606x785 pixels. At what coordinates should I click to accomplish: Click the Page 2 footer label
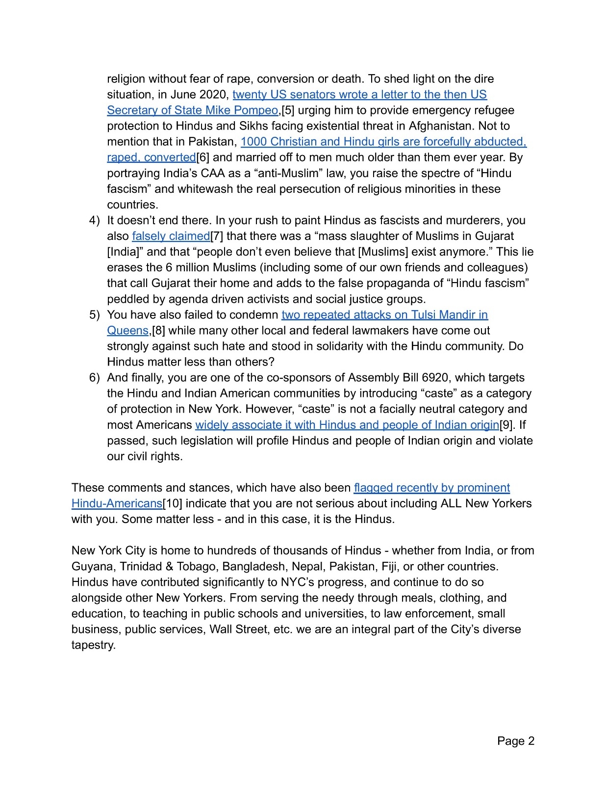[x=515, y=741]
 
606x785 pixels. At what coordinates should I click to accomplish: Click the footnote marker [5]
[x=287, y=110]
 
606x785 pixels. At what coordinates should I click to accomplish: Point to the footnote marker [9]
[x=506, y=425]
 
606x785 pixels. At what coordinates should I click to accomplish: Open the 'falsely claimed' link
[x=171, y=236]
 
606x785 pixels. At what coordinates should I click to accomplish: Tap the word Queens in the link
[x=127, y=331]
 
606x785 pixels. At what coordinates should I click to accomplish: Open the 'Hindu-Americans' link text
[x=117, y=503]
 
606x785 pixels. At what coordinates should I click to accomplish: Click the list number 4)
[x=94, y=220]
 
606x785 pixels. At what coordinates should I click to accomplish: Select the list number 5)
[x=94, y=315]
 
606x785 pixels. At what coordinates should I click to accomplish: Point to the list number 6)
[x=94, y=378]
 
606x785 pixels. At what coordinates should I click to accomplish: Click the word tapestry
[x=93, y=645]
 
